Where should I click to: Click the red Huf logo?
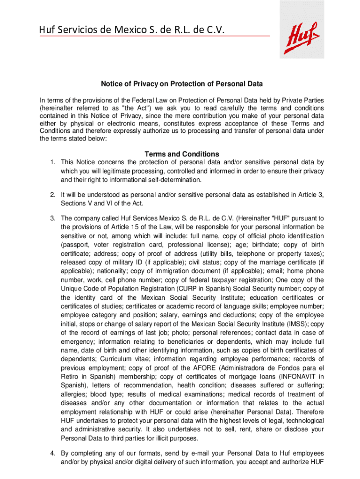302,36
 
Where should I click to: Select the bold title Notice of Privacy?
182,84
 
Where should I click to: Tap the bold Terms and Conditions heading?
182,154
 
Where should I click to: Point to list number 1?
53,162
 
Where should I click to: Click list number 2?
53,194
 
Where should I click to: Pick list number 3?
53,218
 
